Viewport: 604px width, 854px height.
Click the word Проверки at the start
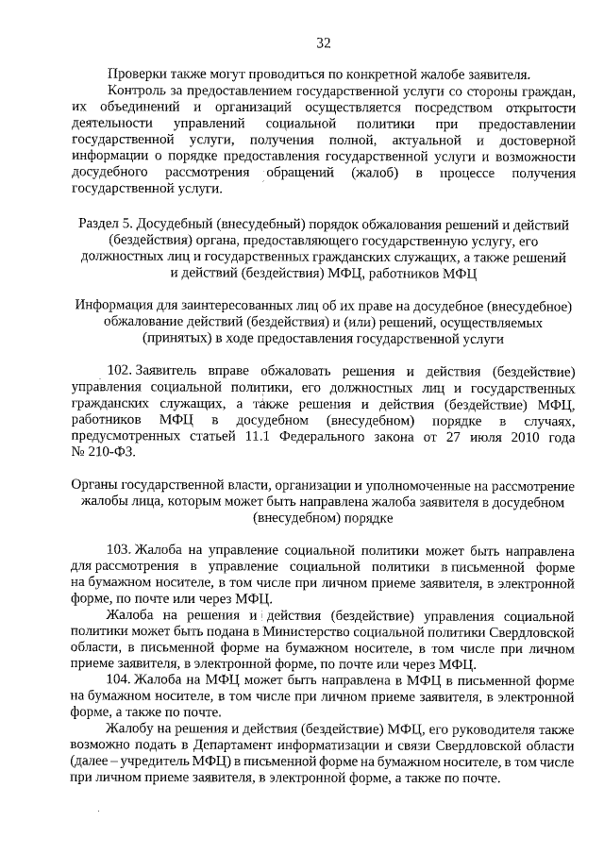138,74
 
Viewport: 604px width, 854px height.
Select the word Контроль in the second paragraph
140,91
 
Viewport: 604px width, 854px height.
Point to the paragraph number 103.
120,549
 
